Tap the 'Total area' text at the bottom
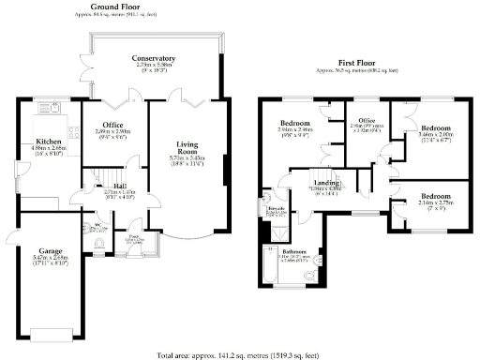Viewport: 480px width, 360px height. [x=240, y=354]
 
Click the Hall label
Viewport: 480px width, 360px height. [x=107, y=186]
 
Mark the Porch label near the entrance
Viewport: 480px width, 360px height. [x=135, y=236]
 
